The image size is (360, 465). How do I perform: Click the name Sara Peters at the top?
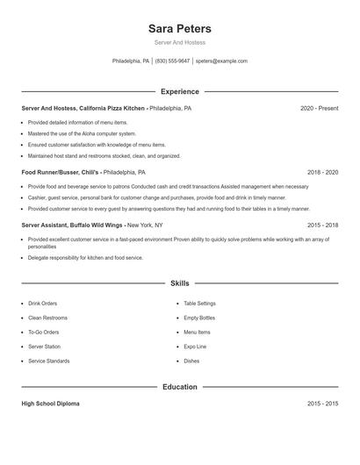coord(180,29)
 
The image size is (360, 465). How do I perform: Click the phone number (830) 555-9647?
coord(172,61)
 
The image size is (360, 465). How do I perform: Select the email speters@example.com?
coord(221,61)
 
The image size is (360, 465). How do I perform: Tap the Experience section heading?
coord(180,91)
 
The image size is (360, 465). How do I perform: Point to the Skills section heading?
coord(180,283)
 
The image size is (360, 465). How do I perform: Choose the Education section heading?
coord(180,387)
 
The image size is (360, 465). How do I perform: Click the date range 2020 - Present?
coord(319,108)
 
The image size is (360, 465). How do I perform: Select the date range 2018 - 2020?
coord(322,173)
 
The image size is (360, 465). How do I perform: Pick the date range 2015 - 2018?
coord(322,225)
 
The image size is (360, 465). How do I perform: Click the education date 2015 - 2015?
coord(322,404)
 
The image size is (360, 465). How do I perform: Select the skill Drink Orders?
coord(42,304)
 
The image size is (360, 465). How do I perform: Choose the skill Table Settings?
coord(199,304)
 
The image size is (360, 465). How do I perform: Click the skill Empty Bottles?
coord(199,318)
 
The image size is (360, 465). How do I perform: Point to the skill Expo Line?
coord(195,347)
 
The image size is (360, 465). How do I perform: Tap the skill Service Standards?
coord(48,361)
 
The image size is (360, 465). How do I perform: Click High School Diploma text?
coord(50,404)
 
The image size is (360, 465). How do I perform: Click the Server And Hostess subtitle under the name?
coord(180,42)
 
